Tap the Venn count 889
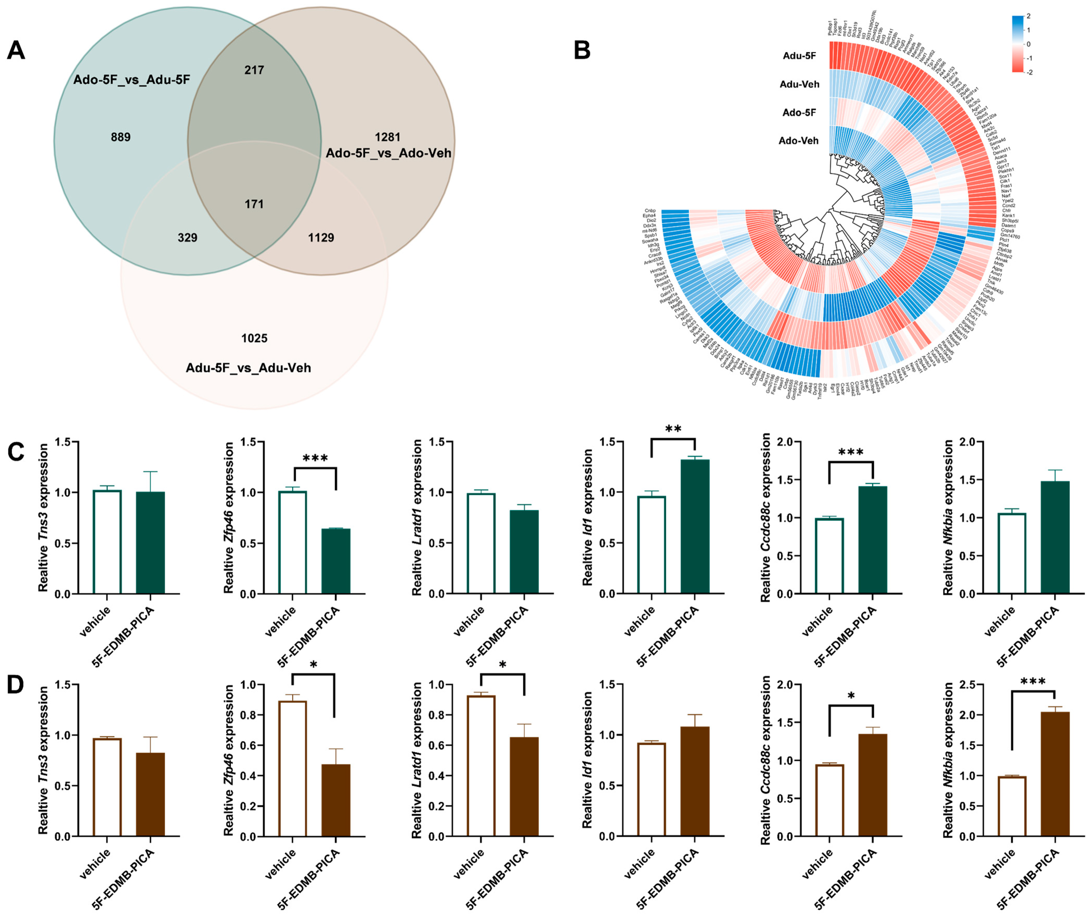[x=120, y=137]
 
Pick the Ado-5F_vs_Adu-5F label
[x=131, y=80]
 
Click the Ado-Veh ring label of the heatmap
[x=798, y=141]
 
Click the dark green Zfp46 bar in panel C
[x=336, y=561]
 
